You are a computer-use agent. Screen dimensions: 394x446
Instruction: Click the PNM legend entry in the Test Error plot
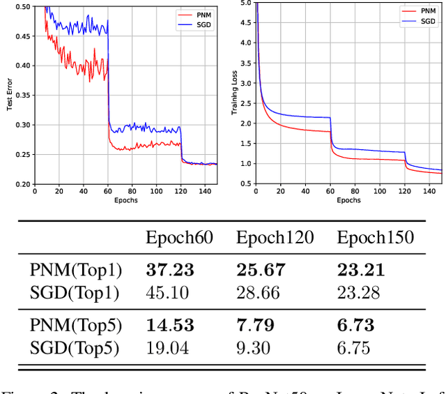(199, 13)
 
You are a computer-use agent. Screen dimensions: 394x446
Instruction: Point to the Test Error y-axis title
(9, 96)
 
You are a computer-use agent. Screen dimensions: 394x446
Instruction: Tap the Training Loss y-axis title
(235, 96)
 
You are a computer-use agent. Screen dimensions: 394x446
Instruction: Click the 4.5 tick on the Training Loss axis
(245, 23)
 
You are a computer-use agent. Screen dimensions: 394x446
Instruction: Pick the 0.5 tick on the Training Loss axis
(245, 184)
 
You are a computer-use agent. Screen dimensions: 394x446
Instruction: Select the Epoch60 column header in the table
(179, 238)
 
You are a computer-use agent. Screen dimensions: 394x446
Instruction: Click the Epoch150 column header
(376, 238)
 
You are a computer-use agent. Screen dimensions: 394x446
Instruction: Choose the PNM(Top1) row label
(75, 269)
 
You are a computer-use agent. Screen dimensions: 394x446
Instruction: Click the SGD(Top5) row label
(75, 347)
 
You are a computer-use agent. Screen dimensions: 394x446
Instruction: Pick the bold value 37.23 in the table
(169, 269)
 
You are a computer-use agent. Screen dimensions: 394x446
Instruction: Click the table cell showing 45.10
(167, 291)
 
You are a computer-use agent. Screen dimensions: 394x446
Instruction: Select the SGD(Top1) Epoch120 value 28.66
(258, 291)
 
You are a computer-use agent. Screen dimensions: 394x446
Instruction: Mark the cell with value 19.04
(167, 347)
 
